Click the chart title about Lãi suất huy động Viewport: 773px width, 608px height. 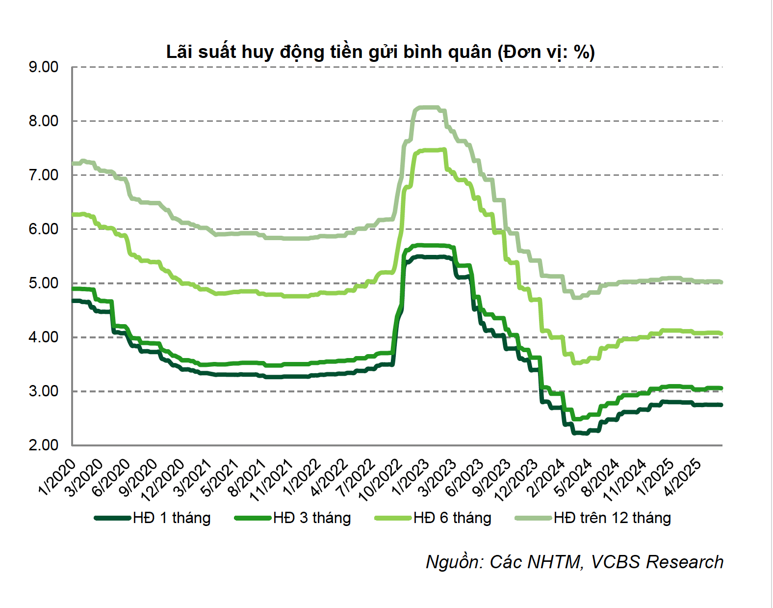coord(380,52)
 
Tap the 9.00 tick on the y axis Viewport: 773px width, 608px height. coord(44,67)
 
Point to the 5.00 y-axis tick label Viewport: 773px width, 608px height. coord(44,283)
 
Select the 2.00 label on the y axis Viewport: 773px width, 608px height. coord(44,445)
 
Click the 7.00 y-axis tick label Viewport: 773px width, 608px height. coord(44,175)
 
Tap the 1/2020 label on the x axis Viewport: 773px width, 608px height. coord(58,477)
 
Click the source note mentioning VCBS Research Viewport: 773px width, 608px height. coord(574,562)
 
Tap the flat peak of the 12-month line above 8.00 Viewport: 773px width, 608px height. coord(427,108)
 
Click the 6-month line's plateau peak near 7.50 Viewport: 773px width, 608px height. coord(429,150)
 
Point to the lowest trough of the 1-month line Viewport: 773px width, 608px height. coord(581,433)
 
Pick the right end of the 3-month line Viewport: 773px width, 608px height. coord(721,388)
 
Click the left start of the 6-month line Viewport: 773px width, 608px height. coord(73,215)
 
